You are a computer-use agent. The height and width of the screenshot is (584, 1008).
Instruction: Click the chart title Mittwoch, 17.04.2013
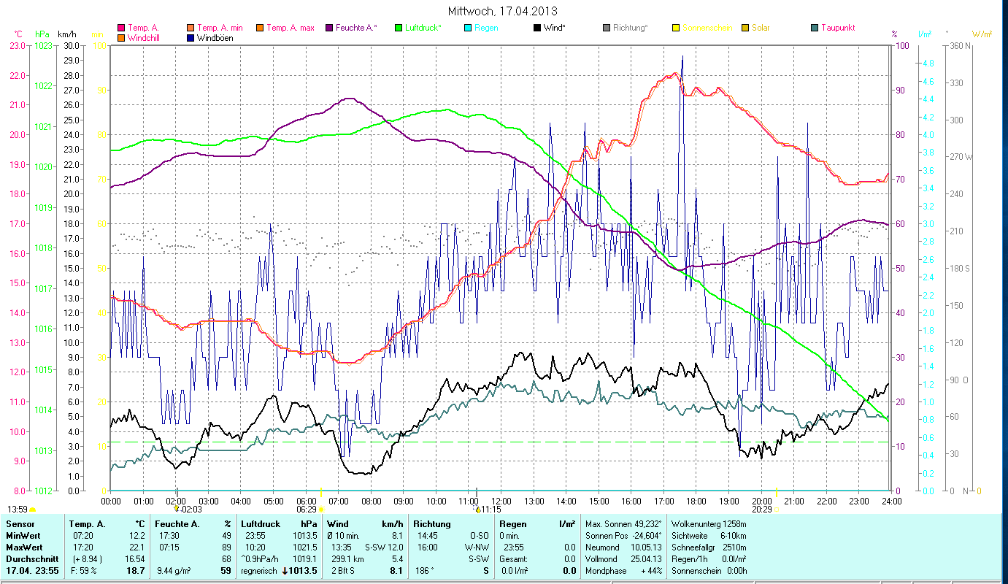tap(504, 11)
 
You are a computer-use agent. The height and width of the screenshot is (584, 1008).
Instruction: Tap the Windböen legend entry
tap(215, 38)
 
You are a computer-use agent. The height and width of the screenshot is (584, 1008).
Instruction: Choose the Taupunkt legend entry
tap(837, 28)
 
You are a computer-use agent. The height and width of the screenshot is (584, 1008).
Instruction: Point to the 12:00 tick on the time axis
tap(501, 502)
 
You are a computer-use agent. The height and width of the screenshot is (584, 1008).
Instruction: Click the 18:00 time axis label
tap(696, 502)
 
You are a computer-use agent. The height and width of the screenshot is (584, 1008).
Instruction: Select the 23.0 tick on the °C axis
tap(18, 45)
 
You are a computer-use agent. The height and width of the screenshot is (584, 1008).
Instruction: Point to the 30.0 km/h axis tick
tap(72, 45)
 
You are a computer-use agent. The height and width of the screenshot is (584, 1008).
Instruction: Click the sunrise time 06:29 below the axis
tap(307, 510)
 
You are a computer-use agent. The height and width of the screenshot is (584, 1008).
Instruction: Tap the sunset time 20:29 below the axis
tap(762, 510)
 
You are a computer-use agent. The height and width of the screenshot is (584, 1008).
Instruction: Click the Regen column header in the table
tap(514, 524)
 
